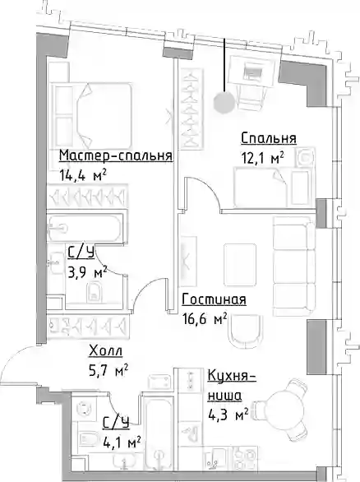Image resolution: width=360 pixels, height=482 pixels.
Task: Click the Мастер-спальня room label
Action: [x=116, y=155]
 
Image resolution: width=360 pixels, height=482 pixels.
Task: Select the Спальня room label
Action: [x=269, y=138]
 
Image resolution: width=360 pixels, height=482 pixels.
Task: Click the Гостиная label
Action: [x=214, y=299]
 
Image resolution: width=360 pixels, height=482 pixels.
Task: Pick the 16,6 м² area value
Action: [x=205, y=319]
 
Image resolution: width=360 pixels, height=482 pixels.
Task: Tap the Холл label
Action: [x=106, y=350]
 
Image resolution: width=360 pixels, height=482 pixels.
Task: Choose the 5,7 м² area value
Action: [x=108, y=370]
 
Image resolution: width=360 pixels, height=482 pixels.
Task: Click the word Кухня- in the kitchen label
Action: [x=232, y=375]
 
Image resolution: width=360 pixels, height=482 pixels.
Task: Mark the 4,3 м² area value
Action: [x=228, y=415]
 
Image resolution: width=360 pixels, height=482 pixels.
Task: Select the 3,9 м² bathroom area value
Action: [x=88, y=272]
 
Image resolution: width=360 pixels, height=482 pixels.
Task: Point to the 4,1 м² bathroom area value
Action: [x=122, y=443]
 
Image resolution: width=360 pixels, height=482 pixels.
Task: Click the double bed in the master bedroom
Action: [x=92, y=115]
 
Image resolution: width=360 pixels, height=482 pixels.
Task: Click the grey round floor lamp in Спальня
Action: [x=224, y=102]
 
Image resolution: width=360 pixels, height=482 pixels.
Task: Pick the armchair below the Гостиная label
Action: [x=247, y=331]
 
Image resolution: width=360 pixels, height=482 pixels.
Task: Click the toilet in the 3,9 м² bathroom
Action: [x=95, y=291]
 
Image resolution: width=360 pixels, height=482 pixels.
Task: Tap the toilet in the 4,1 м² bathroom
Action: [x=88, y=439]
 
